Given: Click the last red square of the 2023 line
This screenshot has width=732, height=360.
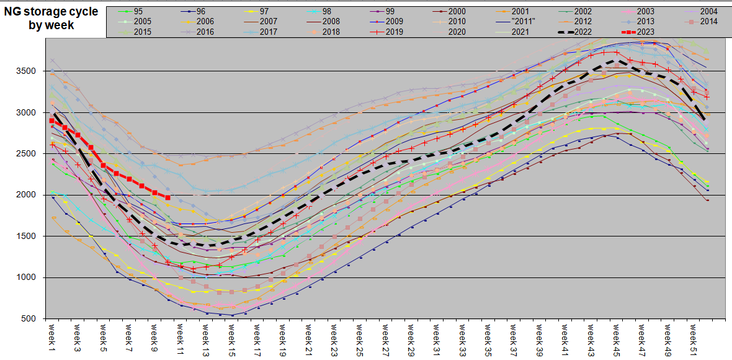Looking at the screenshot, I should click(x=167, y=197).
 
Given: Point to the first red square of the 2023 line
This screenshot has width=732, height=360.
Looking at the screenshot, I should click(x=51, y=121).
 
